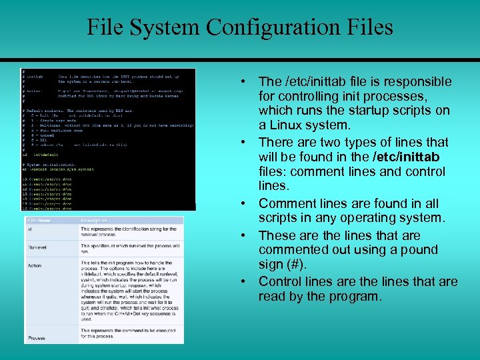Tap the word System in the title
[172, 27]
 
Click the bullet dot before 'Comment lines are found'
[246, 203]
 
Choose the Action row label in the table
[35, 265]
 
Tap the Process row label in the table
[37, 337]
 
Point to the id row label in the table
[30, 230]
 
